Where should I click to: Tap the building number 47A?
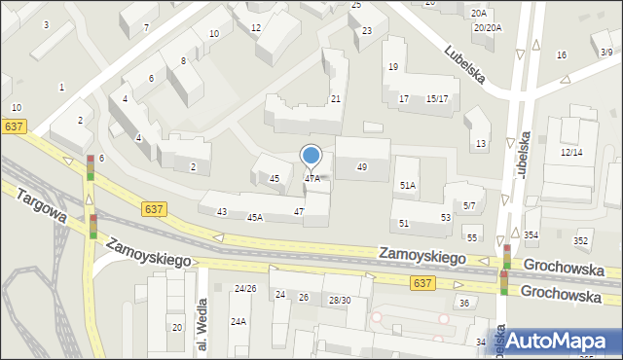(x=311, y=178)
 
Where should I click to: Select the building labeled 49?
(x=362, y=167)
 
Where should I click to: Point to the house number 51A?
(x=408, y=185)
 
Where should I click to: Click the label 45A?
(x=254, y=217)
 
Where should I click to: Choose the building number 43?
(x=222, y=211)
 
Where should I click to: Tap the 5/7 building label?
(x=469, y=205)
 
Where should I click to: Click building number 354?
(x=531, y=235)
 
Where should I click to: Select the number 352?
(x=581, y=240)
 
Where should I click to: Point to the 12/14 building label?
(x=571, y=153)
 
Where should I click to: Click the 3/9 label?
(x=605, y=52)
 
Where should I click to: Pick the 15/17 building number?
(x=437, y=99)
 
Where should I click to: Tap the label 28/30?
(x=340, y=300)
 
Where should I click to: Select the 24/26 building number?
(x=245, y=288)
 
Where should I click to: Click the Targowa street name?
(x=40, y=207)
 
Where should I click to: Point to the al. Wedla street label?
(x=202, y=326)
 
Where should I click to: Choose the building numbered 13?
(x=480, y=144)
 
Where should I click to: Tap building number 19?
(x=393, y=66)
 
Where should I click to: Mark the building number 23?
(x=367, y=31)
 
